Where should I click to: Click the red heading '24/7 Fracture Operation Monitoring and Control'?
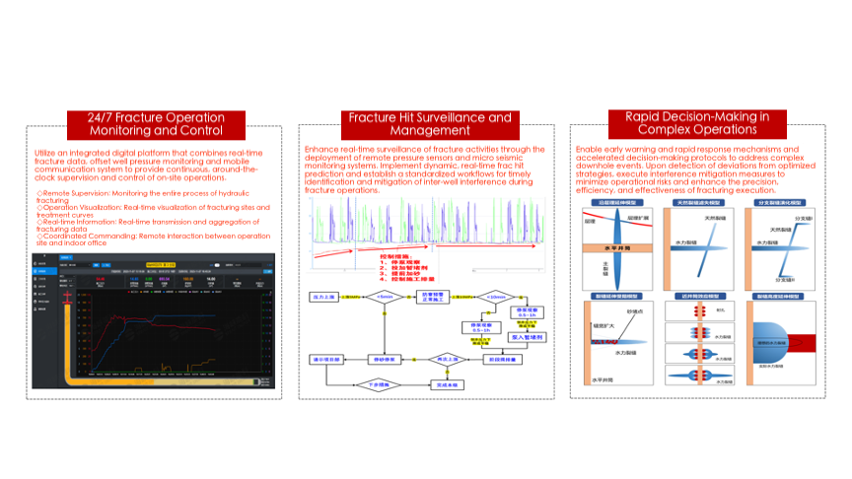click(155, 123)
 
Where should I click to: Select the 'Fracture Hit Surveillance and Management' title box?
click(429, 123)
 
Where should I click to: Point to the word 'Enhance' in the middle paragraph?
click(320, 150)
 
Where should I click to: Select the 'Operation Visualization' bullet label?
click(81, 208)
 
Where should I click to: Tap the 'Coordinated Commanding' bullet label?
click(85, 236)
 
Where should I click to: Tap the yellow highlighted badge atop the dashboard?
click(158, 264)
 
